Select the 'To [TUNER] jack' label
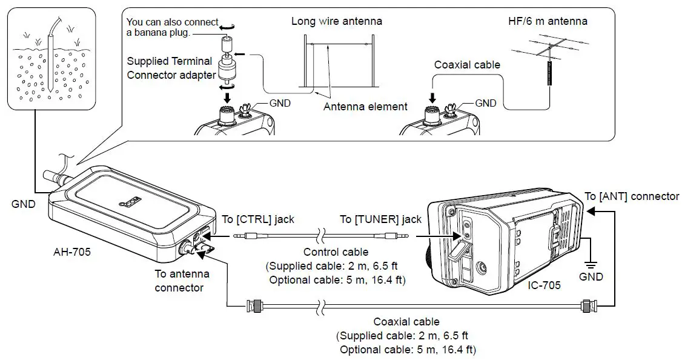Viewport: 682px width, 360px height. pyautogui.click(x=380, y=219)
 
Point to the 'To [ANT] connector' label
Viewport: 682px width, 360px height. pyautogui.click(x=632, y=196)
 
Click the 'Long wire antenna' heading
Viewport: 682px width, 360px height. pyautogui.click(x=336, y=21)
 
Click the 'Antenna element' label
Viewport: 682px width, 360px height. pyautogui.click(x=365, y=107)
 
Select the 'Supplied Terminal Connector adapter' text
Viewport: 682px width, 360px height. pyautogui.click(x=171, y=68)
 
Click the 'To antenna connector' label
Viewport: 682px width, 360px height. pyautogui.click(x=179, y=281)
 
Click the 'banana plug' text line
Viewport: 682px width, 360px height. pyautogui.click(x=159, y=33)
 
